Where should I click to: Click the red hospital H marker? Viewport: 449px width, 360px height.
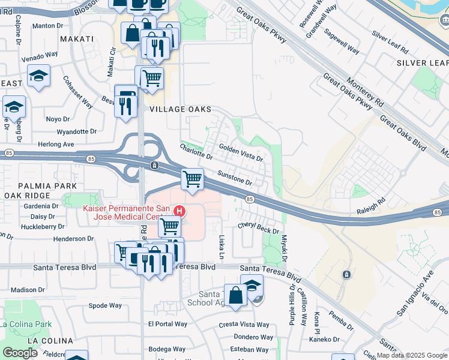click(x=179, y=211)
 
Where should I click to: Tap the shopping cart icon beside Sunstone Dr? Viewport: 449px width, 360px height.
click(x=193, y=179)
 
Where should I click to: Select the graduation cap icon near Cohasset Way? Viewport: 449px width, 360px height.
click(x=39, y=76)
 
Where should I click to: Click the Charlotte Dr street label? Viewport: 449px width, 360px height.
click(x=196, y=152)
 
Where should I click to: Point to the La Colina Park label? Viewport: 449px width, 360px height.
click(x=26, y=324)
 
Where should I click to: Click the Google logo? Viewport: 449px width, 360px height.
click(x=20, y=353)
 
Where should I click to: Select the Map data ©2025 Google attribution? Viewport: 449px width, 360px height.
click(x=412, y=355)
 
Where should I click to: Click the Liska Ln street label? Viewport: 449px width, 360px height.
click(x=221, y=247)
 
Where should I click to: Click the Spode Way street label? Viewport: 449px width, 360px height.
click(x=105, y=305)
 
